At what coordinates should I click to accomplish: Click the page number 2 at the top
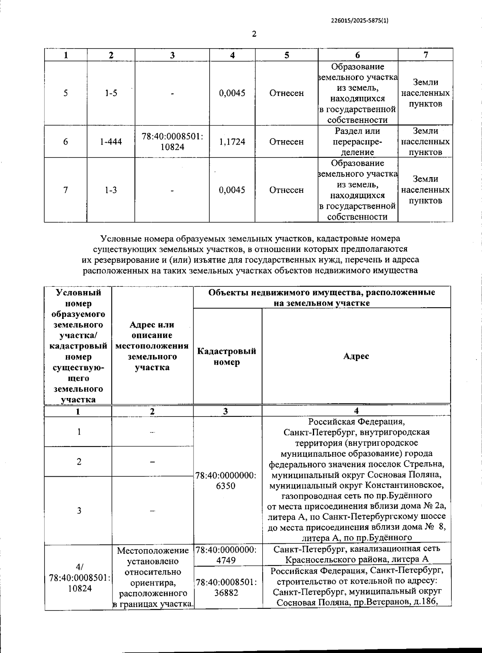(254, 34)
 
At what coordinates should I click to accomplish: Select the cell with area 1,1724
(232, 142)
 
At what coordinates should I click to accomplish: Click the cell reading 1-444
(111, 142)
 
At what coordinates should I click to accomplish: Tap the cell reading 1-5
(111, 93)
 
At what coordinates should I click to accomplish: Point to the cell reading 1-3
(111, 190)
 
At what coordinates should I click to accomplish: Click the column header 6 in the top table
(357, 55)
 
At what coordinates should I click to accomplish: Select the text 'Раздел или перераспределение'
(357, 142)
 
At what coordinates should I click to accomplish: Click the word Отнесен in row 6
(286, 142)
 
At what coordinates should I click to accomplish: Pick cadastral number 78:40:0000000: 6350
(226, 481)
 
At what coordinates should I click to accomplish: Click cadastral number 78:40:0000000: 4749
(226, 555)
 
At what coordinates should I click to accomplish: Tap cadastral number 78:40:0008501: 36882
(226, 587)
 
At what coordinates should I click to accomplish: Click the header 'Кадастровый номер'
(227, 357)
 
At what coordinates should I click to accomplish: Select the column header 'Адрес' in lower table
(356, 356)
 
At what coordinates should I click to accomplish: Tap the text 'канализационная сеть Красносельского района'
(357, 554)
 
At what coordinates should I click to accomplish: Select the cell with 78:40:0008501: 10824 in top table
(172, 142)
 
